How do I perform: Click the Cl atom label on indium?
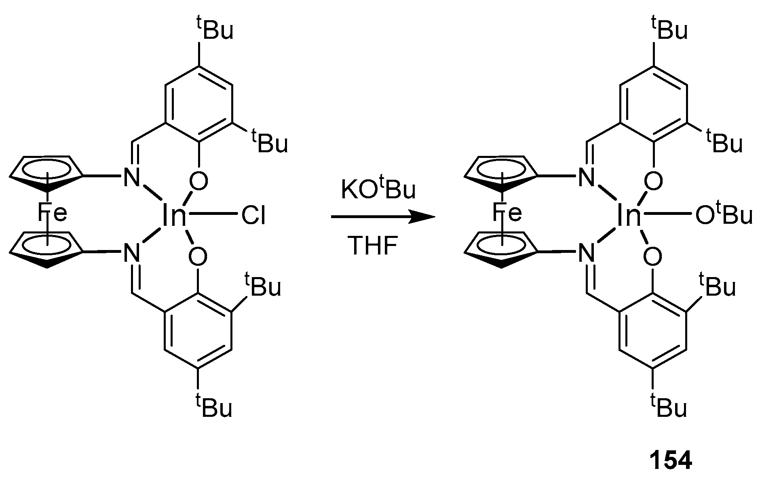(x=253, y=216)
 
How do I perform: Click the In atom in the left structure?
(x=174, y=216)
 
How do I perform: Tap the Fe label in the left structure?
(x=53, y=213)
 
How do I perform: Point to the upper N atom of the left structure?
(x=130, y=178)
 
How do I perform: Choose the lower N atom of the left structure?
(x=130, y=253)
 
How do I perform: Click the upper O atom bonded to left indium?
(x=198, y=181)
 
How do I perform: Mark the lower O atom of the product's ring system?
(x=652, y=256)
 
